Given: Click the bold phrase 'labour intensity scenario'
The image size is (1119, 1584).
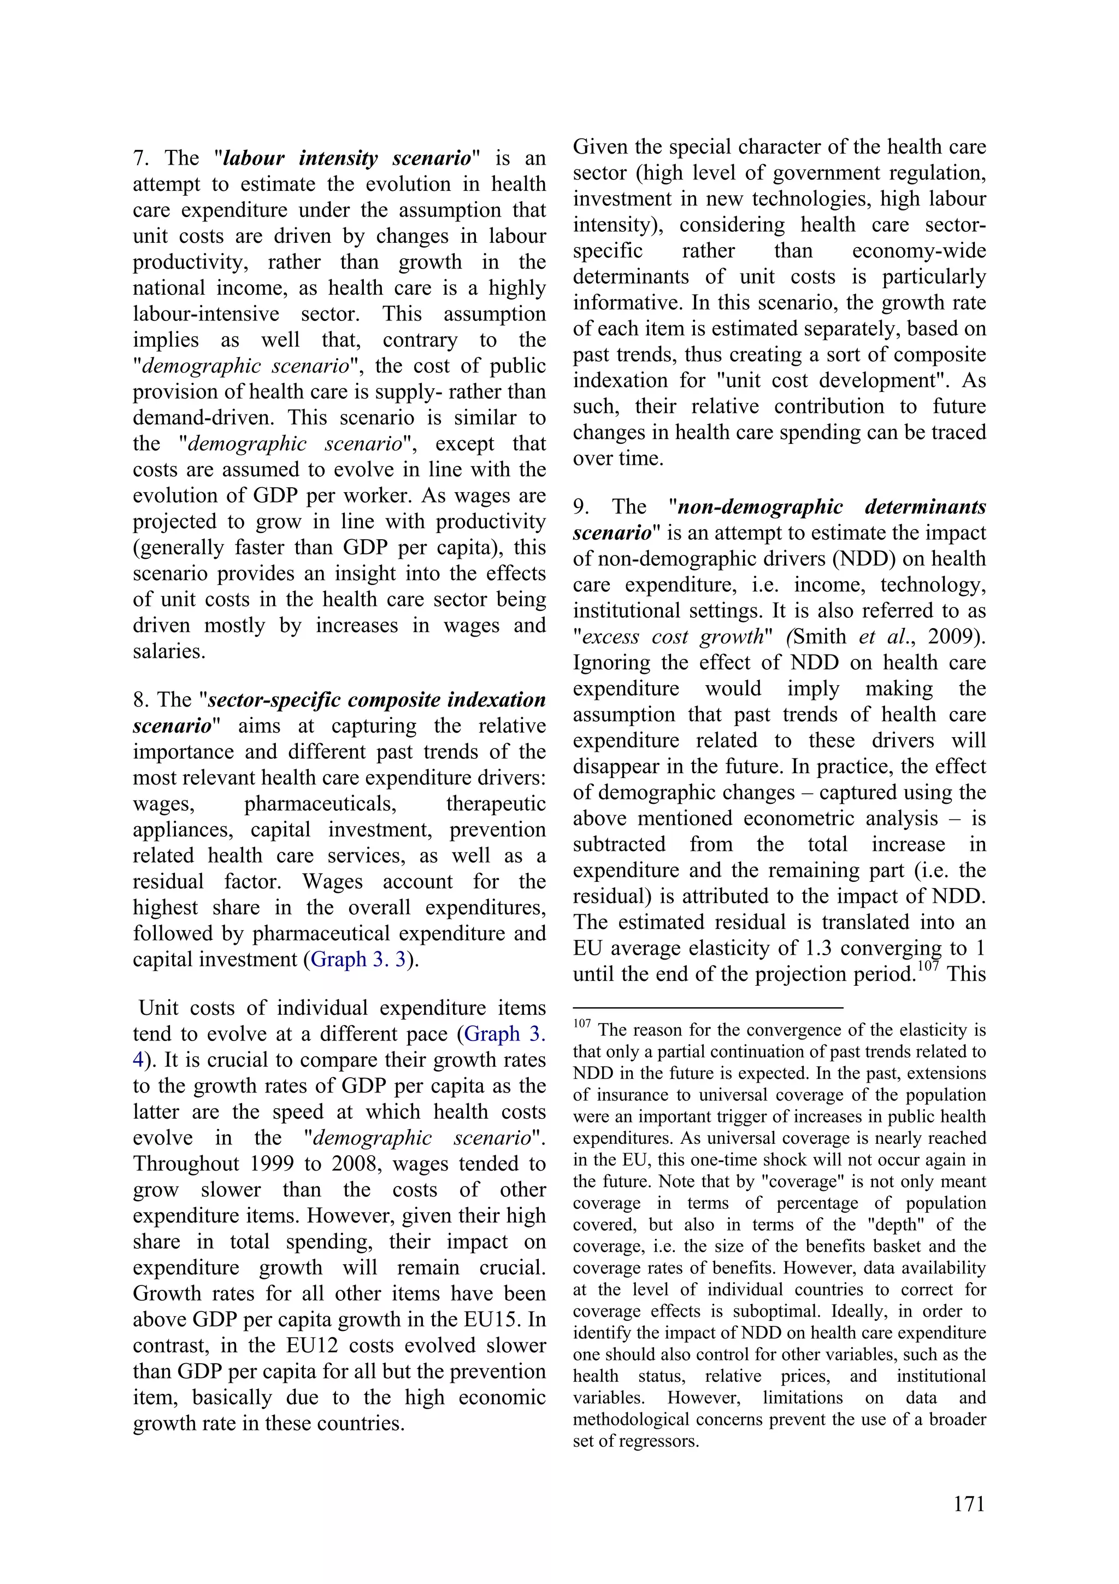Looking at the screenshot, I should point(347,158).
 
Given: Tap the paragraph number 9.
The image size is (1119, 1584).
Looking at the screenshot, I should point(581,507).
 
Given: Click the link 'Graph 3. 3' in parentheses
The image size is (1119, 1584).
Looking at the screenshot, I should point(358,959).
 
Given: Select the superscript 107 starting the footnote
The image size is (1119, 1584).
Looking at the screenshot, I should point(581,1023).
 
